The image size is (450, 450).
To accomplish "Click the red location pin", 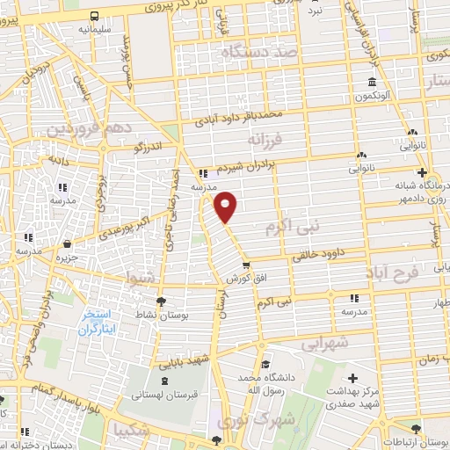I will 226,206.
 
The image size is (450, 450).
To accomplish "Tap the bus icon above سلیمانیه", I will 93,17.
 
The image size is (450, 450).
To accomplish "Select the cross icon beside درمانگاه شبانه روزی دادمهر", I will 423,172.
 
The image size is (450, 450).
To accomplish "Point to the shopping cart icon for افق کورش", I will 245,265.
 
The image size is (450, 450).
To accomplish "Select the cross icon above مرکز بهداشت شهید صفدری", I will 352,378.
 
